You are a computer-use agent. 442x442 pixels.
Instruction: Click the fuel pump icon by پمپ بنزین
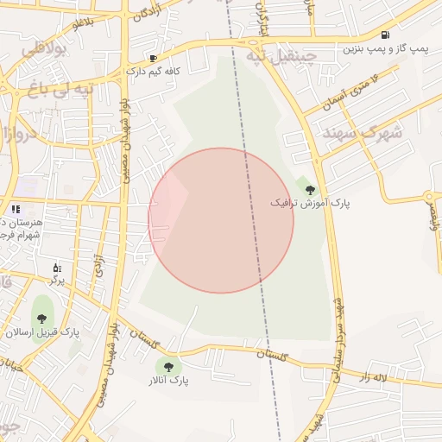tap(383, 35)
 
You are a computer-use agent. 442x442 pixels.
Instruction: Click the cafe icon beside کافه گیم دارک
tap(153, 59)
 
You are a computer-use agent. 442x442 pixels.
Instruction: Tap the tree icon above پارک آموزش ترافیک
tap(309, 188)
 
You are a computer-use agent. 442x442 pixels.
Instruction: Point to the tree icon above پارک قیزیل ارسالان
tap(41, 319)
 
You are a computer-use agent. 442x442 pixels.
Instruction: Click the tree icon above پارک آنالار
tap(167, 367)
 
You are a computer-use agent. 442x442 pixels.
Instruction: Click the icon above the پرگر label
tap(57, 267)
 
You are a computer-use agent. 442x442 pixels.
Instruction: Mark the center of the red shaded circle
tap(221, 220)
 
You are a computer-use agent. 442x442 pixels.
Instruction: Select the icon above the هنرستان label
tap(16, 209)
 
